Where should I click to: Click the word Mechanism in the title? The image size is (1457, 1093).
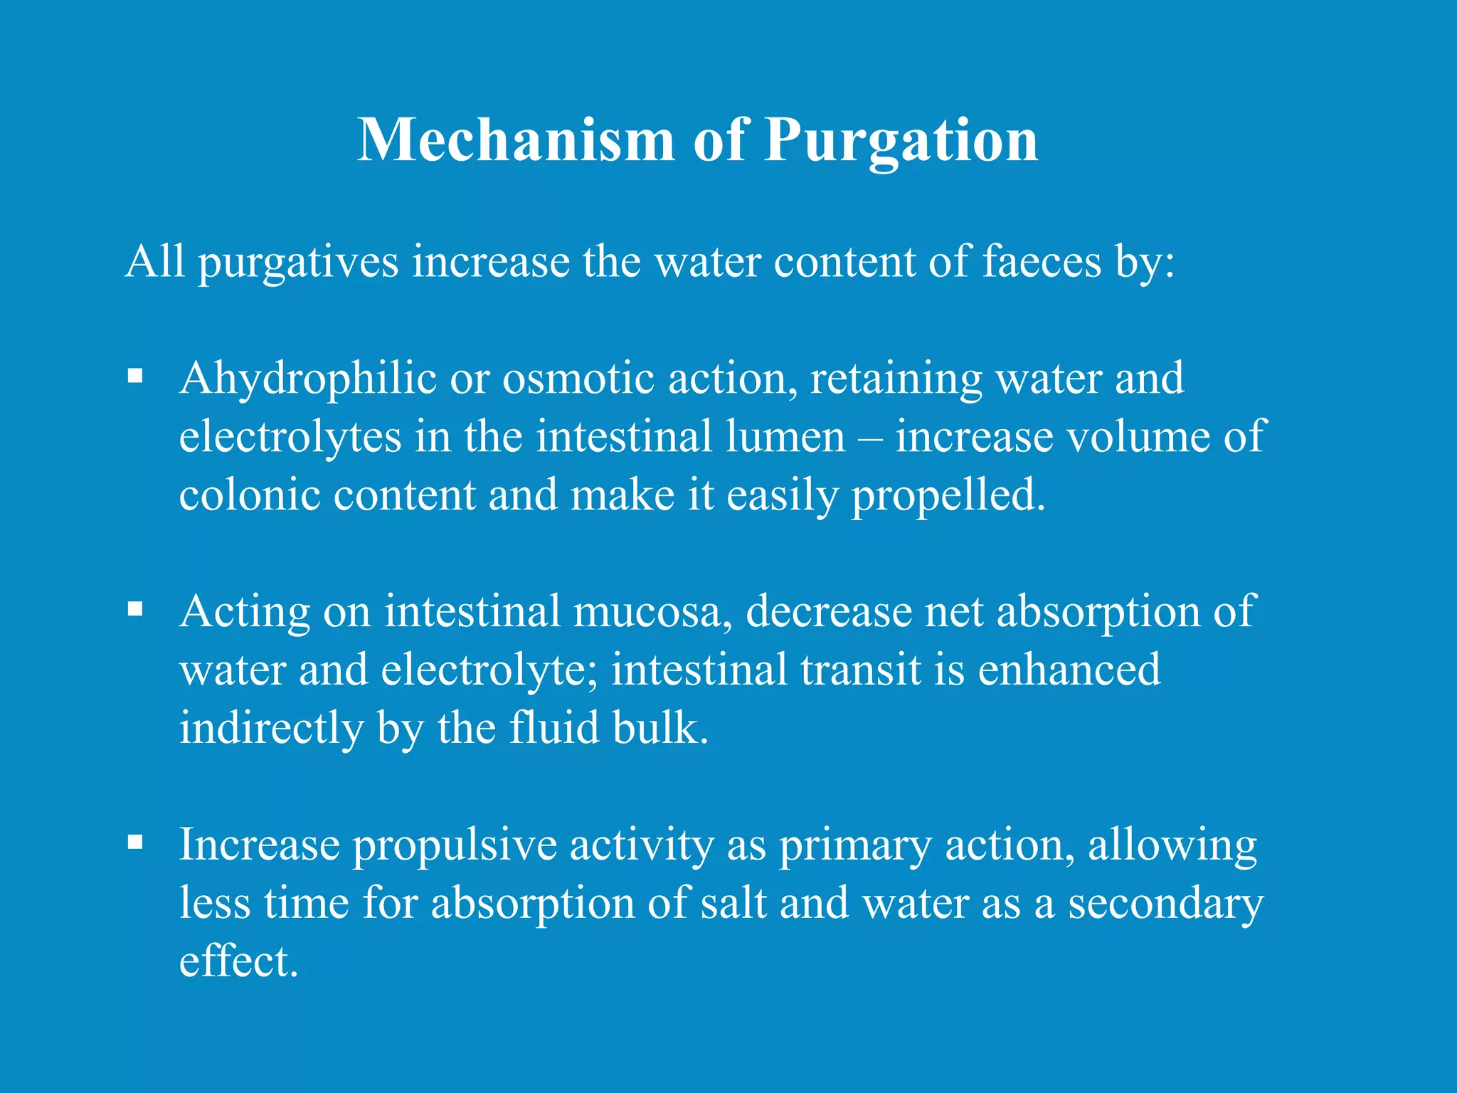(515, 139)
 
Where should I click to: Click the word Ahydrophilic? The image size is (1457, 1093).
(307, 379)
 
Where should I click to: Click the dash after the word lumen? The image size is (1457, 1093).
(870, 438)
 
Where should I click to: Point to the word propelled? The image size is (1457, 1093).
(948, 496)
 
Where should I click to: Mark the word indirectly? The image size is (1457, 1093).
(271, 729)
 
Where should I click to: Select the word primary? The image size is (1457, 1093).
(854, 846)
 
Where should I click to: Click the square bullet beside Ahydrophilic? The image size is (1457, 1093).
(135, 375)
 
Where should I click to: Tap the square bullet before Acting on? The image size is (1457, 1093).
(135, 608)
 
